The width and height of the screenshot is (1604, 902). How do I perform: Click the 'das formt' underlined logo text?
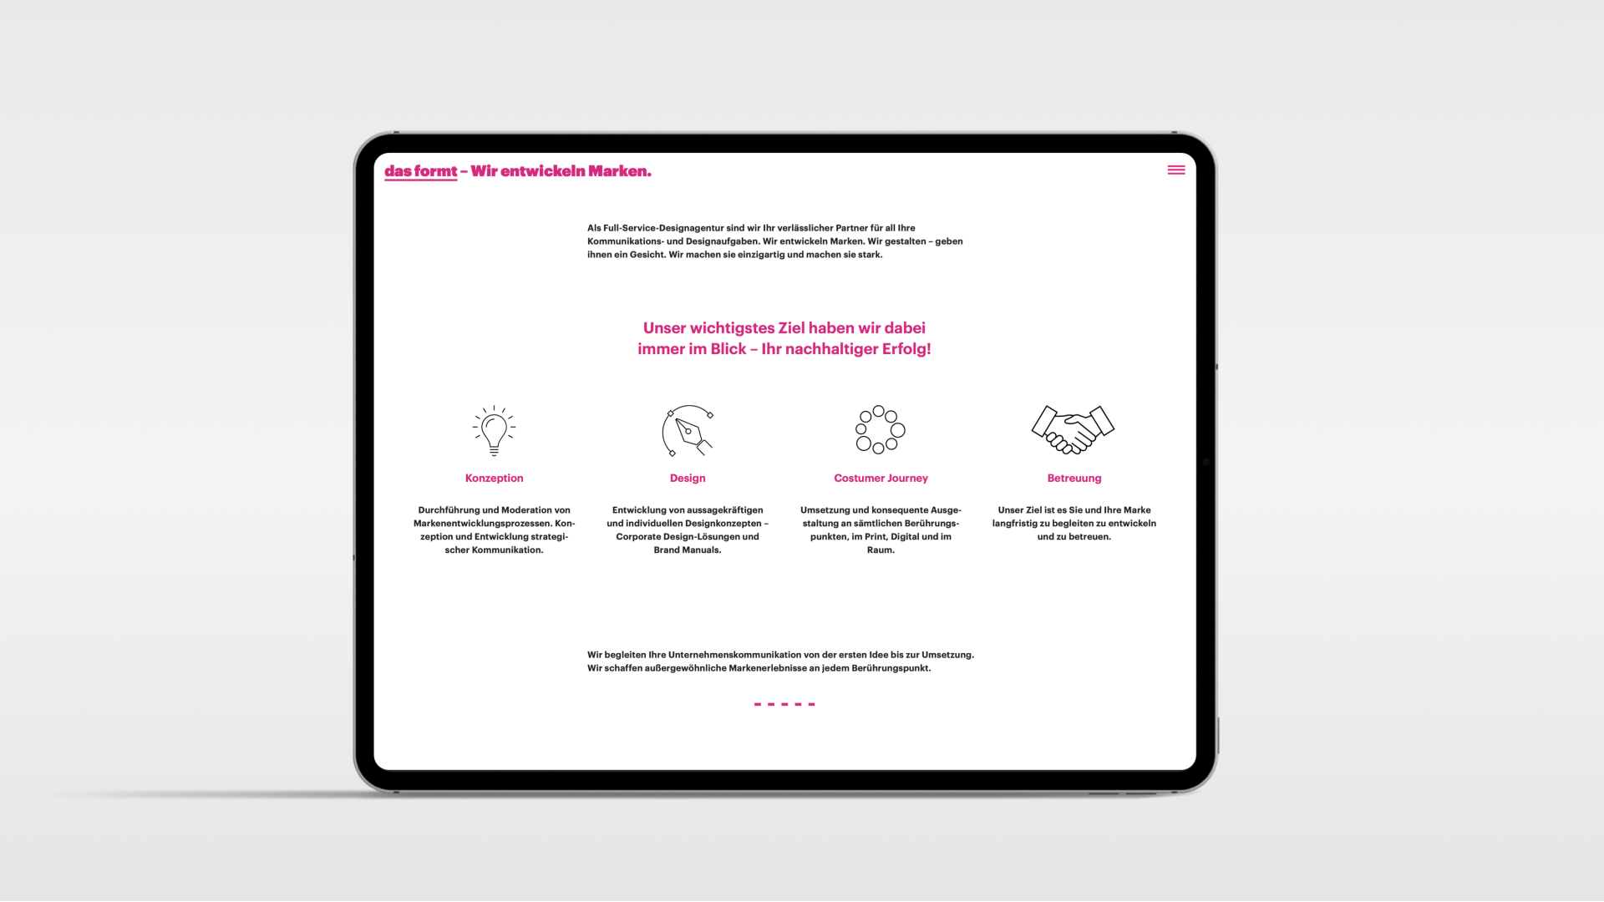(421, 172)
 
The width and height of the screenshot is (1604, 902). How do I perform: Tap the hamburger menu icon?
(1176, 170)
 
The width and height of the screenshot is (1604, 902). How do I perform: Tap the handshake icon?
(1074, 430)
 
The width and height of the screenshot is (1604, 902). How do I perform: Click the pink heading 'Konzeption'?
(495, 479)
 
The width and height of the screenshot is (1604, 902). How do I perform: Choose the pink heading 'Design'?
(688, 479)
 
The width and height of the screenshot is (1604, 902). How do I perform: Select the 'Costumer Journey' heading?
(881, 479)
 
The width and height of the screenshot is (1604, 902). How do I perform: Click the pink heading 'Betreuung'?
(1074, 479)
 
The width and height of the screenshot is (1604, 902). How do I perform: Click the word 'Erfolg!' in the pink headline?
(906, 349)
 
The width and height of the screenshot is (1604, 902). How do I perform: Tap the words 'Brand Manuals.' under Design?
(688, 550)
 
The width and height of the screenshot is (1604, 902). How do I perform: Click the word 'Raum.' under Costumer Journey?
(881, 550)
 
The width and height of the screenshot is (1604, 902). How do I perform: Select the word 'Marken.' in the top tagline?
(620, 171)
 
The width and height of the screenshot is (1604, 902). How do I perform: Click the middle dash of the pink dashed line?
(784, 704)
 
